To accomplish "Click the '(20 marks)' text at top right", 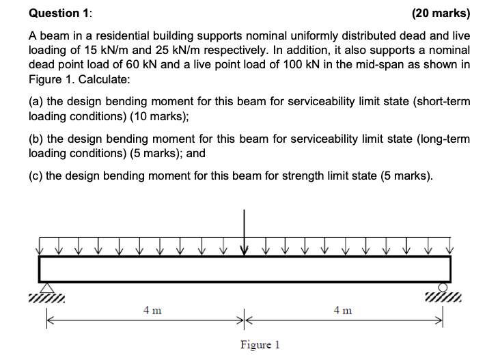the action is tap(441, 13).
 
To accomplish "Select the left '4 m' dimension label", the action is tap(152, 311).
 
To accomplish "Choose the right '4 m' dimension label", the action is tap(344, 311).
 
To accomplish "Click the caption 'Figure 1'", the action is tap(260, 344).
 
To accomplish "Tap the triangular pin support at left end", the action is tap(47, 287).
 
